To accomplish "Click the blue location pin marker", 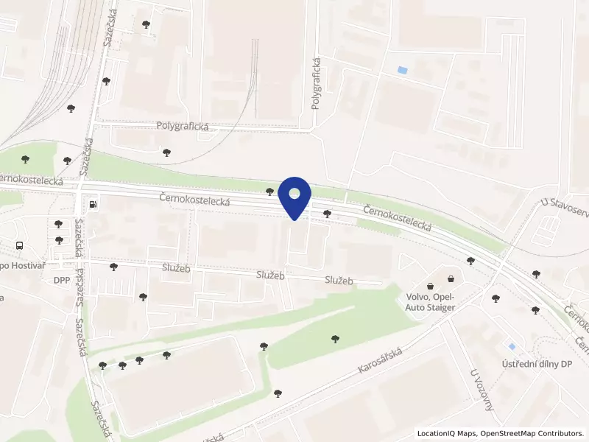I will pos(294,196).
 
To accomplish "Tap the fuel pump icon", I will pos(93,205).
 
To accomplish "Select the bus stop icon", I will pos(20,246).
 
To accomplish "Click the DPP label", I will pos(61,281).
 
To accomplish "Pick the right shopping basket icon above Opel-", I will pos(450,279).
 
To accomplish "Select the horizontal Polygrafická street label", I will pos(183,126).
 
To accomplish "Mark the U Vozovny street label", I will pos(482,390).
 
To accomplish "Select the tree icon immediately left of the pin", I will pos(270,192).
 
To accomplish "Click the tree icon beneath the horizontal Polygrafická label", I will pos(166,152).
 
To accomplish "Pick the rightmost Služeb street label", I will pos(339,281).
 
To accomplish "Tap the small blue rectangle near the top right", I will pos(401,70).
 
